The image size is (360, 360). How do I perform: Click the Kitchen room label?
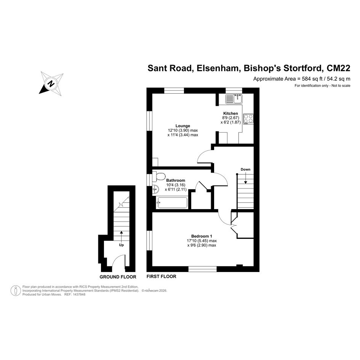[230, 114]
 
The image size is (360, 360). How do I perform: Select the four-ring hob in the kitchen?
[248, 119]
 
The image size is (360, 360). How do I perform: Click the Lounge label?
[183, 126]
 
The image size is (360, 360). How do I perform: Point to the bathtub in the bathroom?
[172, 203]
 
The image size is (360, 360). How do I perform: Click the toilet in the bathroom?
[158, 176]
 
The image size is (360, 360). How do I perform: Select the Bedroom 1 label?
[202, 236]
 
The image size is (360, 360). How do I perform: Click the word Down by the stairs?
[245, 170]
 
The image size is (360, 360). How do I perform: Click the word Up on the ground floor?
[121, 245]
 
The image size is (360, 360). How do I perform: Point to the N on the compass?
[52, 83]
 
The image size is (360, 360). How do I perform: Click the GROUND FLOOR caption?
[118, 277]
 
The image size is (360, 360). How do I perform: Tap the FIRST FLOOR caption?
[162, 277]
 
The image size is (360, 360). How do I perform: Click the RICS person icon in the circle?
[16, 291]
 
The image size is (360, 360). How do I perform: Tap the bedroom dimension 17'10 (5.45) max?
[202, 241]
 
